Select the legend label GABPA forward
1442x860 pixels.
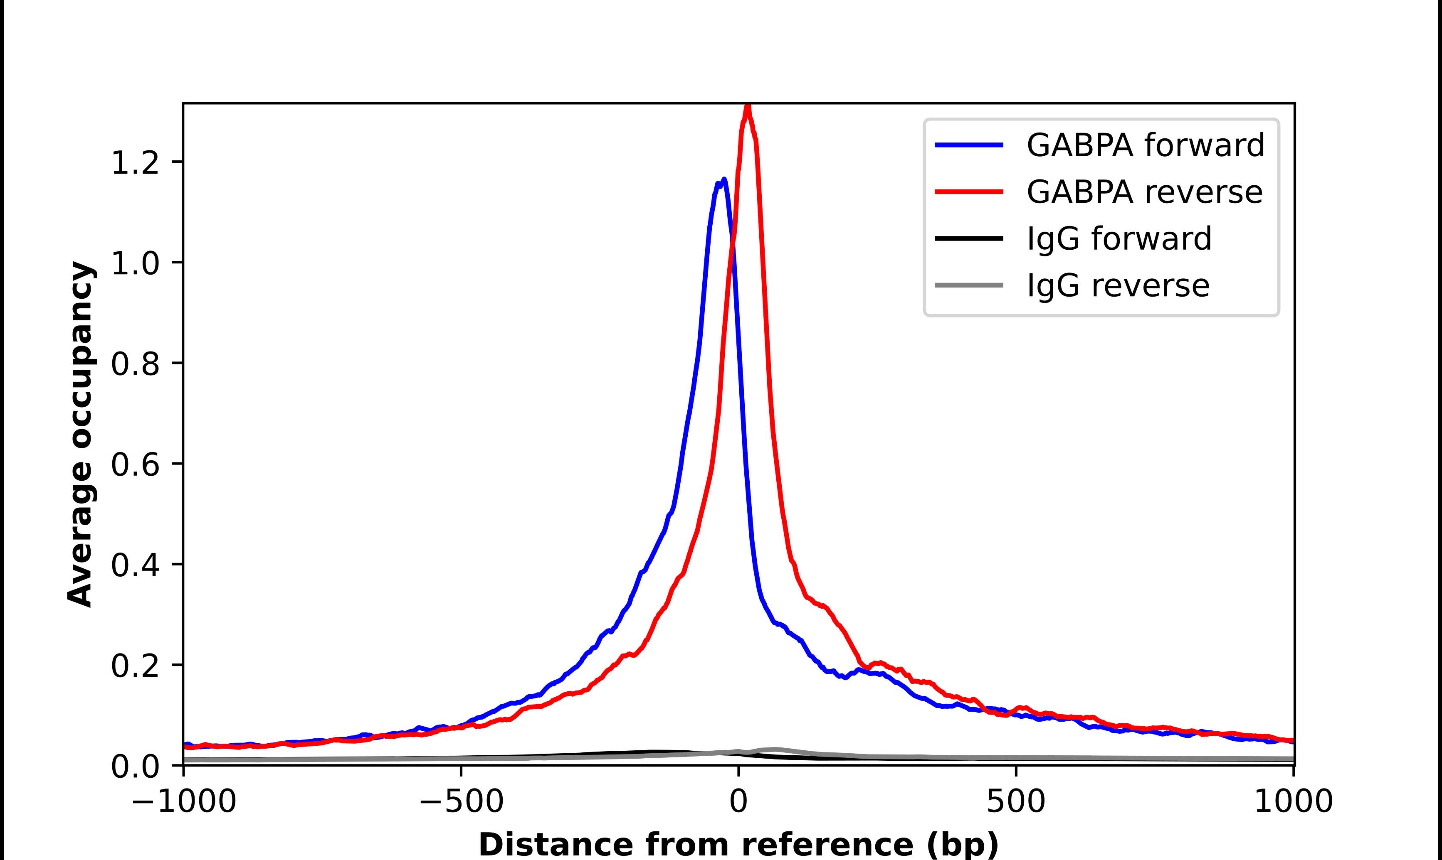[x=1145, y=145]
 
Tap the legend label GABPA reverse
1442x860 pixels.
[x=1144, y=192]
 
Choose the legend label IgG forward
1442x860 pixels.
[x=1119, y=239]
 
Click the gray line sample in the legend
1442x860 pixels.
[x=969, y=285]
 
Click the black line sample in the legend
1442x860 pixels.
[x=969, y=238]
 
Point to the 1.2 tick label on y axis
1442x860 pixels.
[x=135, y=162]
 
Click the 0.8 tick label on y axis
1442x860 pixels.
[x=135, y=364]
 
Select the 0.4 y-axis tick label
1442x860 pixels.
[x=135, y=565]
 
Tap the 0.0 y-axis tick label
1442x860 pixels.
[x=135, y=767]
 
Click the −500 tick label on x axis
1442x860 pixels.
[x=462, y=801]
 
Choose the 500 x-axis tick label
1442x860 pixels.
[x=1016, y=801]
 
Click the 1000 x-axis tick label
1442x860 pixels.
[x=1294, y=801]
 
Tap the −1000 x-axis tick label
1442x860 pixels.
[x=184, y=801]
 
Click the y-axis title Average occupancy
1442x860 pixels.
[x=80, y=435]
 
